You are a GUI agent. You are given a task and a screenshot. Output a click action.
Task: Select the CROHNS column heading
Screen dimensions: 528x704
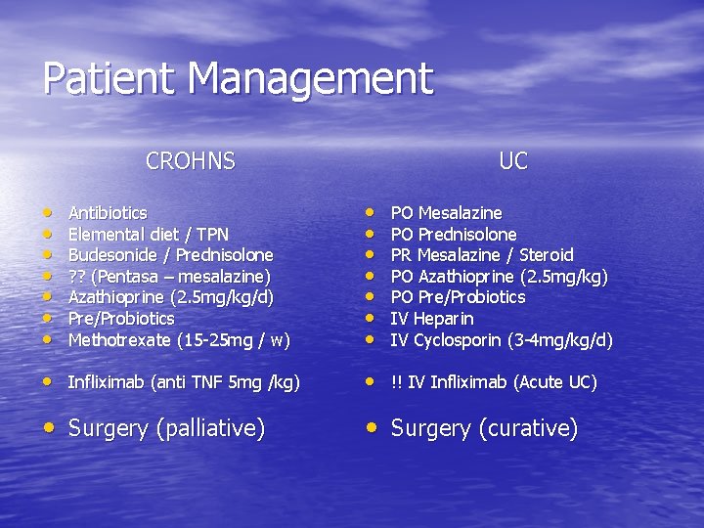click(191, 161)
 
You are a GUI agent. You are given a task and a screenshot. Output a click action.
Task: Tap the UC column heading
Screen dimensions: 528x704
click(512, 161)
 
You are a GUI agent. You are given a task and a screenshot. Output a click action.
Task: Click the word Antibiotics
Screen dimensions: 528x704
click(108, 213)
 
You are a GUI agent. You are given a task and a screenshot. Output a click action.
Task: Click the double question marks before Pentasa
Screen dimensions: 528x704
click(76, 277)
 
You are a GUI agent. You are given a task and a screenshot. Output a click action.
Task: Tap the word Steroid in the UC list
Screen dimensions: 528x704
click(548, 255)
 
